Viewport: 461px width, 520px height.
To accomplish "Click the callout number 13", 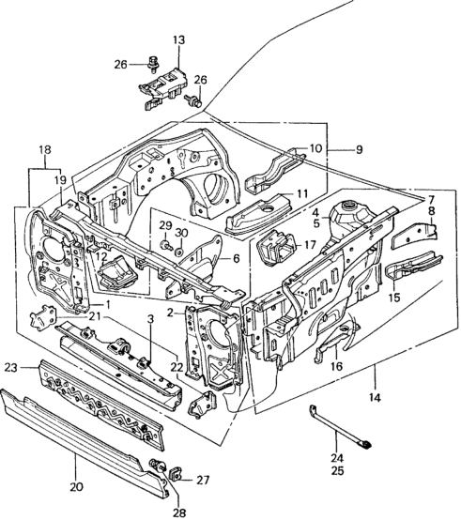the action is click(x=178, y=40).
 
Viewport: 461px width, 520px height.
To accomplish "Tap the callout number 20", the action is click(x=76, y=487).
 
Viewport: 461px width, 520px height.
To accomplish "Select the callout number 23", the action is click(x=11, y=368).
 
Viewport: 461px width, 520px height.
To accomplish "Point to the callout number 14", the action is click(x=375, y=397).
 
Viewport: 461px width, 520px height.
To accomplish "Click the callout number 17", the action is click(x=311, y=245).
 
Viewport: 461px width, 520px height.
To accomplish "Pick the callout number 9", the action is click(x=360, y=149).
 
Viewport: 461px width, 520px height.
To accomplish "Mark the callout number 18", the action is click(x=45, y=149).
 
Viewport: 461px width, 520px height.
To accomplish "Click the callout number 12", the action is click(x=101, y=256).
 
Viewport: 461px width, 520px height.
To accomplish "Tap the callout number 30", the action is click(x=181, y=233).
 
